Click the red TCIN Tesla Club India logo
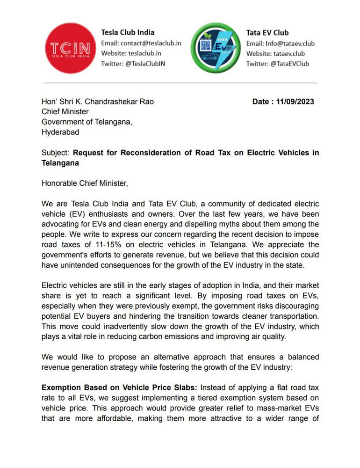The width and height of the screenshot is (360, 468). click(71, 49)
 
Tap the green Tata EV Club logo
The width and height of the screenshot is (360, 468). click(216, 49)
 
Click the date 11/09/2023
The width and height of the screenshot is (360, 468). click(296, 102)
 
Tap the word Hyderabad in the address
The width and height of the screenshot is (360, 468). click(60, 132)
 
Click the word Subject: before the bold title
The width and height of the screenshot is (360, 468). click(56, 153)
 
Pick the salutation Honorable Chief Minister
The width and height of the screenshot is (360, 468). click(84, 183)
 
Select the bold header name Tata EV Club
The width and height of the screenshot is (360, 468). click(267, 33)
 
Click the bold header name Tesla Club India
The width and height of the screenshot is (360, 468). click(128, 33)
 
